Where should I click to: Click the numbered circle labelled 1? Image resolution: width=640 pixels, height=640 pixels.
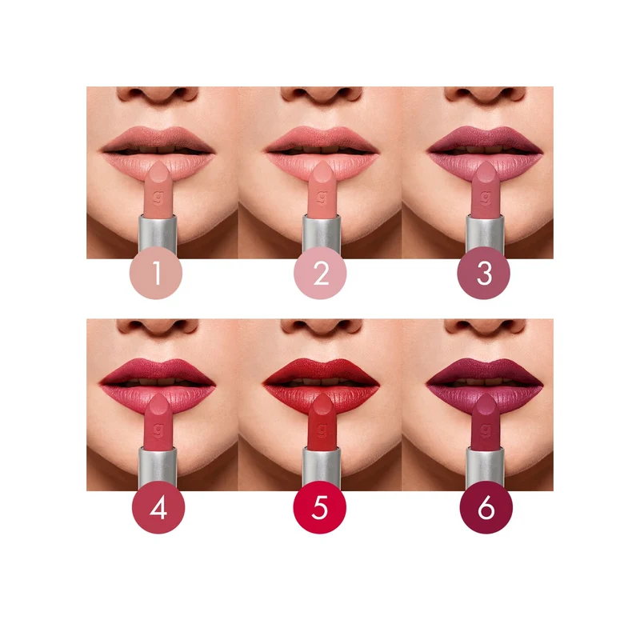156,273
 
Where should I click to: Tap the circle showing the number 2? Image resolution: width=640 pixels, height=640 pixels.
321,273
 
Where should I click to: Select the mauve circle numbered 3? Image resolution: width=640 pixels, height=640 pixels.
484,273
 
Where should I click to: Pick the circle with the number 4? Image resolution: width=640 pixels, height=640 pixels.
158,507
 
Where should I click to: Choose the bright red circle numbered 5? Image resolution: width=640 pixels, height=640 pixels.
320,507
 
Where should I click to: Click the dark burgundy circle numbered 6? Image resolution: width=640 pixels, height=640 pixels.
486,507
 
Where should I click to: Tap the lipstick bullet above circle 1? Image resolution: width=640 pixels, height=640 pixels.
158,189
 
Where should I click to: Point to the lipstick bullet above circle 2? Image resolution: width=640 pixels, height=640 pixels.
322,189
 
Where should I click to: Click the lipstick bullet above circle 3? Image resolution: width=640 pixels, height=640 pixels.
486,189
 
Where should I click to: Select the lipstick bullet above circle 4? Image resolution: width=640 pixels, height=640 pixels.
158,422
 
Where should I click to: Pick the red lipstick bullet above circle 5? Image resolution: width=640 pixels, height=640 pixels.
322,422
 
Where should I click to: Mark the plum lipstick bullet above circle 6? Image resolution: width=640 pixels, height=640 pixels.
486,422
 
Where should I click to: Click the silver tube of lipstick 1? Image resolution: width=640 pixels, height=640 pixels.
158,234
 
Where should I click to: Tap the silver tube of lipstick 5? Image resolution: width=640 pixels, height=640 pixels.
322,467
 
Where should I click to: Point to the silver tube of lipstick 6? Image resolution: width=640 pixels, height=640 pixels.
485,467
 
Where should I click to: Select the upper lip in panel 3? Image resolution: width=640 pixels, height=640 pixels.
485,138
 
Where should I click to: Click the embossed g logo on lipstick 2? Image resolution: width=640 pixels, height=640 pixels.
322,197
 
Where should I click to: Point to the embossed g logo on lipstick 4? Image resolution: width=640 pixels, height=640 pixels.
158,430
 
